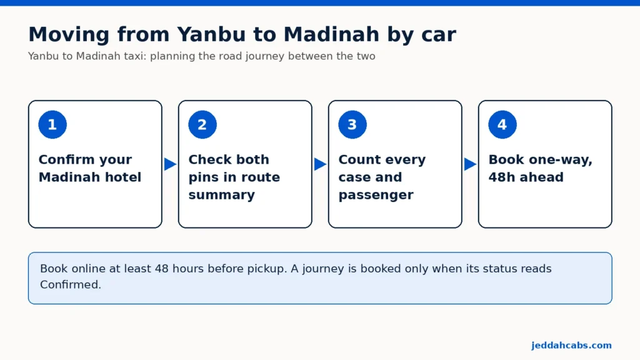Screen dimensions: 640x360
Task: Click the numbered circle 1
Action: (52, 124)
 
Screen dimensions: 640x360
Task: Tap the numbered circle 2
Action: (202, 124)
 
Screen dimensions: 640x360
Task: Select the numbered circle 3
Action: (352, 124)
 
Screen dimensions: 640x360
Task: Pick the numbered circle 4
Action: (502, 124)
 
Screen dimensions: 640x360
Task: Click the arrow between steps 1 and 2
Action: (170, 164)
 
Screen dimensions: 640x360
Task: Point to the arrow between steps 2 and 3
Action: (320, 164)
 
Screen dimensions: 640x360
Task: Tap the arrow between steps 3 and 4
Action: (470, 164)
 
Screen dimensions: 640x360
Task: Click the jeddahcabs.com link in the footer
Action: (571, 345)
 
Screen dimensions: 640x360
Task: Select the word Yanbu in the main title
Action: (211, 34)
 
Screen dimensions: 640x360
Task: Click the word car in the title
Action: (439, 35)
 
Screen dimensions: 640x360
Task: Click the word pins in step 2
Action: (203, 177)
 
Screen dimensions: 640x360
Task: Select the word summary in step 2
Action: (222, 195)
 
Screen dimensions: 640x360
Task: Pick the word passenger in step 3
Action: (376, 195)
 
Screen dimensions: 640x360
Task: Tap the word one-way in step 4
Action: (559, 159)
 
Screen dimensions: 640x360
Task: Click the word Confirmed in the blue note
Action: (70, 284)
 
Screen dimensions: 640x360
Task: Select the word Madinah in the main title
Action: (331, 34)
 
